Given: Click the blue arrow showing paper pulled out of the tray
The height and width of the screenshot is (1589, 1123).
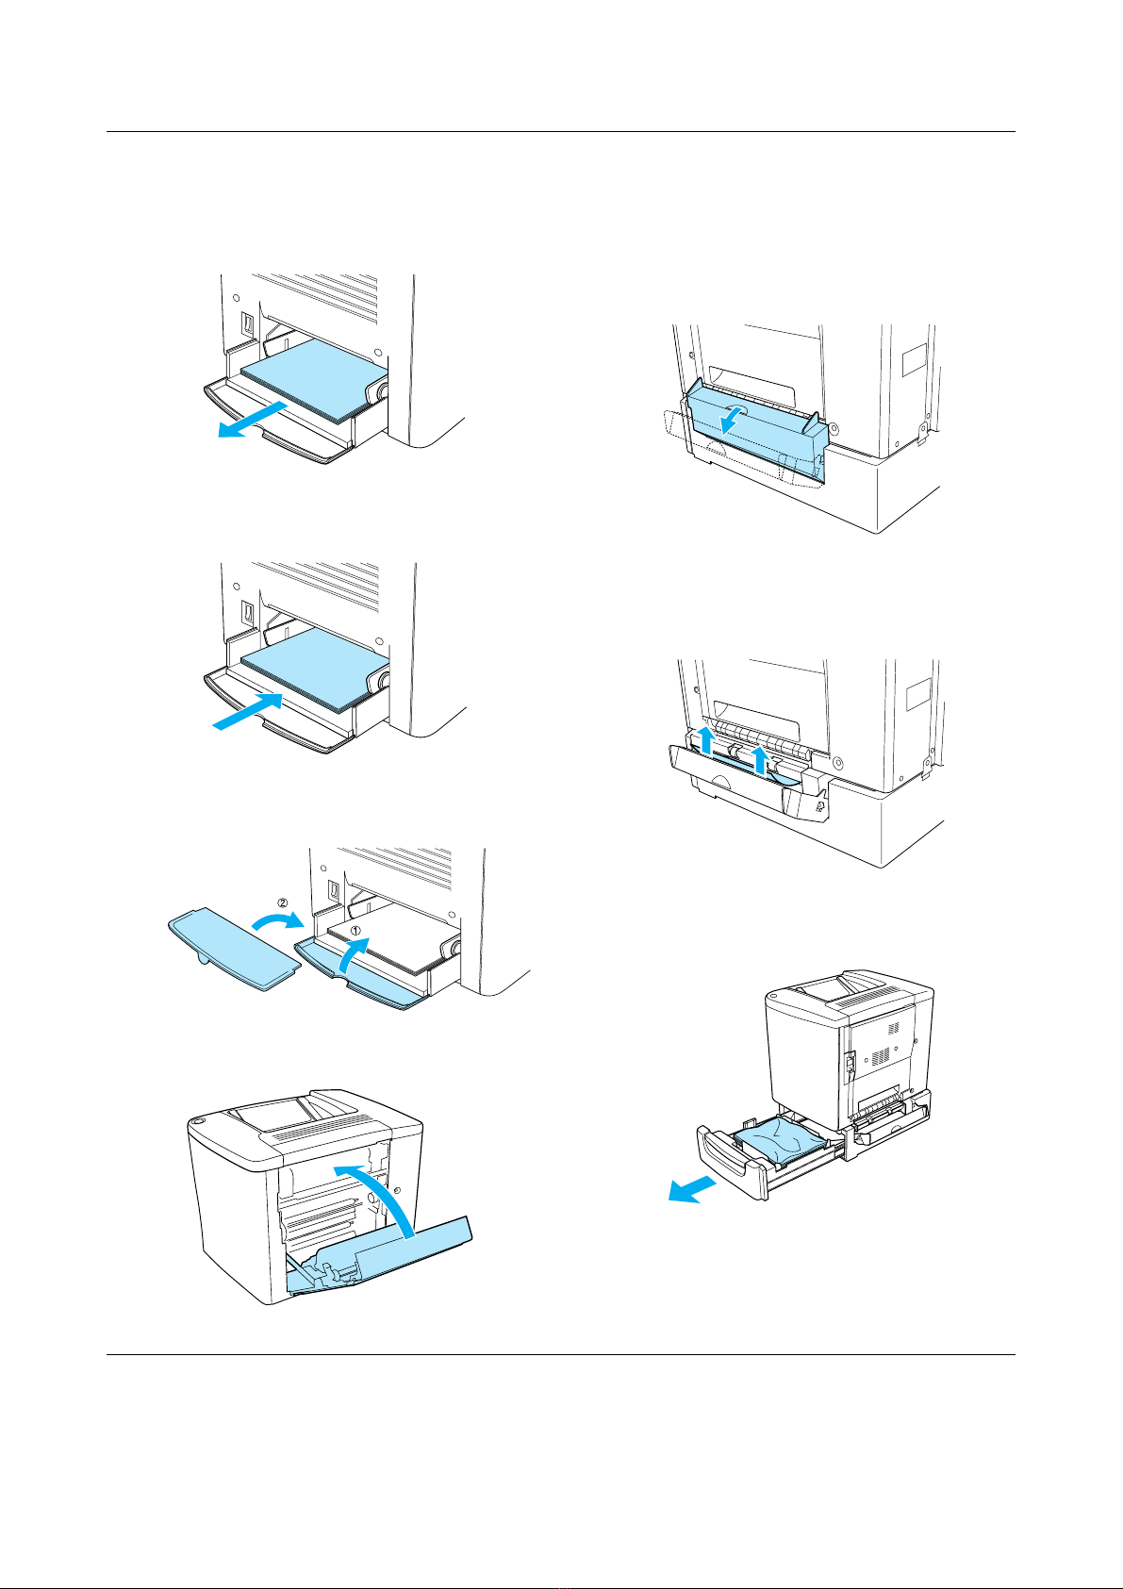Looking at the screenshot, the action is click(252, 420).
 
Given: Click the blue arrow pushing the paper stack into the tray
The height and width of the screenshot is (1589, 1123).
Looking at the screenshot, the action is click(248, 711).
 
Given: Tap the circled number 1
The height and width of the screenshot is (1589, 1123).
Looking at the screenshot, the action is click(356, 930).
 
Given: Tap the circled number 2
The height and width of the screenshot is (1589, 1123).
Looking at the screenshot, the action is click(282, 903).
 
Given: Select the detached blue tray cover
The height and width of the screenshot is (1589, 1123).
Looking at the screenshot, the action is click(233, 949).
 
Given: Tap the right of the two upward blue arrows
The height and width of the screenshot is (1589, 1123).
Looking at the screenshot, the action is click(760, 759).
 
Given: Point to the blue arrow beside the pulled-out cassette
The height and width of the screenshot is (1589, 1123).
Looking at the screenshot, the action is click(692, 1188).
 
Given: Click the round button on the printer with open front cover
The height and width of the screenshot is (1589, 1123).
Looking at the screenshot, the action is click(197, 1121).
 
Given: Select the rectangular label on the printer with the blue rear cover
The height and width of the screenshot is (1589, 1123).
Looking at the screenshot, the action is click(915, 359).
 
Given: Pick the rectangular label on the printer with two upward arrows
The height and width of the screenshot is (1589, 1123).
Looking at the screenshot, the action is click(918, 693).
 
